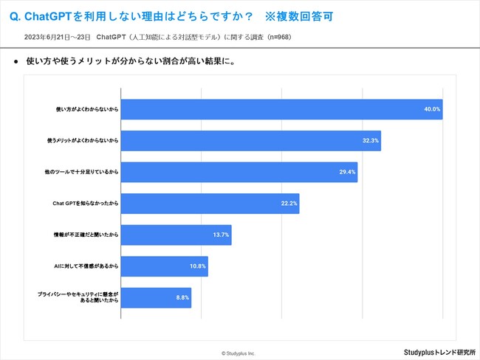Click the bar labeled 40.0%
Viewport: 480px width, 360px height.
pyautogui.click(x=281, y=109)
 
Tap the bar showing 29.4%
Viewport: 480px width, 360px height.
pyautogui.click(x=238, y=172)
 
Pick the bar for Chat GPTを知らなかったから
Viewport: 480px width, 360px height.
pyautogui.click(x=209, y=203)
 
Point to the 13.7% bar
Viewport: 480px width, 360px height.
pyautogui.click(x=176, y=235)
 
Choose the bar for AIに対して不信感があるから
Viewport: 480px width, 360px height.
pyautogui.click(x=164, y=266)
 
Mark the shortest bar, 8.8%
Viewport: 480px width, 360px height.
pyautogui.click(x=155, y=297)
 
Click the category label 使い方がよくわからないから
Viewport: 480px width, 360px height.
pyautogui.click(x=88, y=109)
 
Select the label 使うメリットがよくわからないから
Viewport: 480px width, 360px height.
pyautogui.click(x=83, y=140)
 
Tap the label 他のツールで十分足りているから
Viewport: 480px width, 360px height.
pyautogui.click(x=83, y=172)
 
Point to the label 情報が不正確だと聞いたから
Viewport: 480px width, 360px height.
pyautogui.click(x=87, y=235)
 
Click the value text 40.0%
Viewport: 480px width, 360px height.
pyautogui.click(x=431, y=109)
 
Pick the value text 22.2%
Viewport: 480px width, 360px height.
pyautogui.click(x=289, y=203)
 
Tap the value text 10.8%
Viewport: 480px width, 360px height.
pyautogui.click(x=198, y=266)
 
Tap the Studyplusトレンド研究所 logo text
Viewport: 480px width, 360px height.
pyautogui.click(x=440, y=352)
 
